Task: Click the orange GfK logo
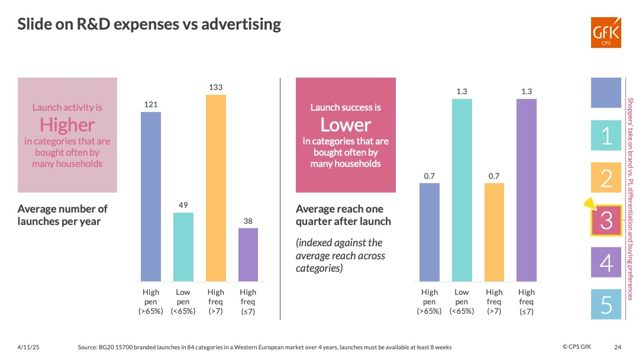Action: coord(606,32)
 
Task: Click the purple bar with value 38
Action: coord(248,255)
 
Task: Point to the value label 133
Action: coord(216,88)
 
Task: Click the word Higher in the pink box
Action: coord(67,125)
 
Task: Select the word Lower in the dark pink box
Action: coord(346,125)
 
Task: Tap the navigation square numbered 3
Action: coord(606,220)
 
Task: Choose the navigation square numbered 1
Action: coord(606,135)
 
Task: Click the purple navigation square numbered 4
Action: coord(606,263)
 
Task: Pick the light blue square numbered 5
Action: coord(606,305)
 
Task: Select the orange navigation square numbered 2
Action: coord(606,178)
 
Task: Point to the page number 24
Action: coord(618,347)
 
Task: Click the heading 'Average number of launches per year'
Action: coord(63,215)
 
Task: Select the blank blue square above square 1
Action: coord(606,92)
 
